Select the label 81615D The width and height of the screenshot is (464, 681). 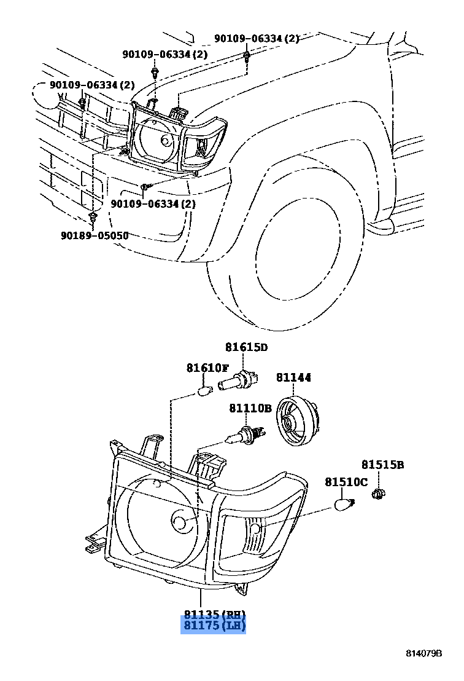coord(246,347)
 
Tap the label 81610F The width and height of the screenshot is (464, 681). coord(207,368)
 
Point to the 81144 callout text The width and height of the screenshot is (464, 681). coord(293,377)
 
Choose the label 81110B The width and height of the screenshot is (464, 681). coord(250,408)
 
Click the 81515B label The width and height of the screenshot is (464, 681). coord(382,465)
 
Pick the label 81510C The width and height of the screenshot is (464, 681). coord(346,482)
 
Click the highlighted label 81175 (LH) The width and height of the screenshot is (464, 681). coord(214,626)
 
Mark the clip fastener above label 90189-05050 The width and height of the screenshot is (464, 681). coord(93,218)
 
